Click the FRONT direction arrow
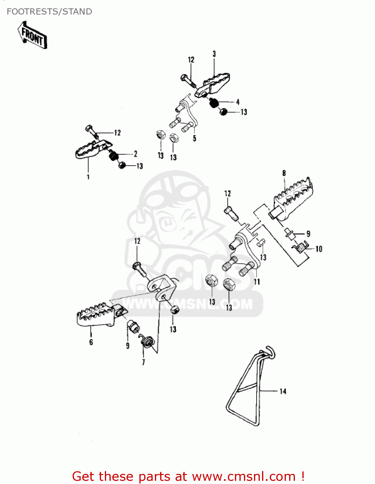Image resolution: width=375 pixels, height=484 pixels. pos(32,35)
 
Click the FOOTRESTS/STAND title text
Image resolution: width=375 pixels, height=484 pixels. pos(49,12)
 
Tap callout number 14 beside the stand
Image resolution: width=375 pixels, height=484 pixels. pos(283,391)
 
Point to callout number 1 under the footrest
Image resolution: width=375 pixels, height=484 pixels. pos(88,177)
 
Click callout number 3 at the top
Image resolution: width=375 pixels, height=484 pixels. pos(214,54)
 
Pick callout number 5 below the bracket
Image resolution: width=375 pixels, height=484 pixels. pos(194,138)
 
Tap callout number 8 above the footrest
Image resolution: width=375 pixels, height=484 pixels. pos(284,173)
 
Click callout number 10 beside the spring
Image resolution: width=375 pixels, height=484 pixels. pos(319,249)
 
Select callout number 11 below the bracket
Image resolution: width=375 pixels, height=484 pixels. pos(257,282)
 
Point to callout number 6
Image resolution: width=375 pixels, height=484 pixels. pos(91,342)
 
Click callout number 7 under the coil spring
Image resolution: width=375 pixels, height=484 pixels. pos(143,362)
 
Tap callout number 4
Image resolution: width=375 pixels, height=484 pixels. pos(238,102)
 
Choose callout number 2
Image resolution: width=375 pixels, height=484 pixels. pos(136,154)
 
